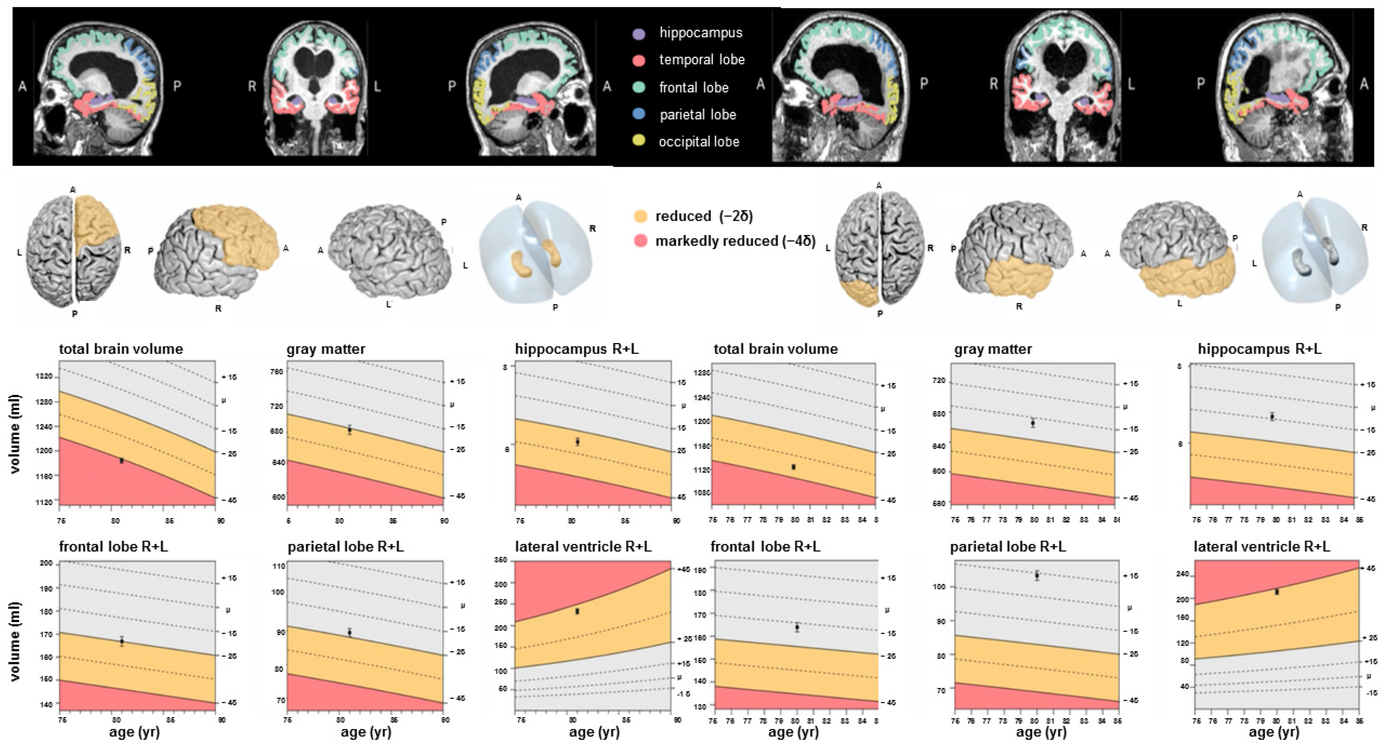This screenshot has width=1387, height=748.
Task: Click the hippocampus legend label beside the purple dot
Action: point(700,33)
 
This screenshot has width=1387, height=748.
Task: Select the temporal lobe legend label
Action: point(701,60)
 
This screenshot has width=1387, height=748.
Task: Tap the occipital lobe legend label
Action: point(699,142)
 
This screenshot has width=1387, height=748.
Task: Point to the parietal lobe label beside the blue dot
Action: point(698,115)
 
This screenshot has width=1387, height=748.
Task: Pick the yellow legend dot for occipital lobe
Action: point(639,142)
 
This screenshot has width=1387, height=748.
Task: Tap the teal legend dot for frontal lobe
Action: point(639,87)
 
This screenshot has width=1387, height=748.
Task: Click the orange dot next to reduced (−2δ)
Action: point(641,217)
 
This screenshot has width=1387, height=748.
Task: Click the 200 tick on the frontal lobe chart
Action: point(46,563)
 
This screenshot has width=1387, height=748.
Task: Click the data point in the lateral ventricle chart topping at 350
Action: point(577,611)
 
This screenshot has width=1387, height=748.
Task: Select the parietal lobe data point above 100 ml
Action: point(1037,575)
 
